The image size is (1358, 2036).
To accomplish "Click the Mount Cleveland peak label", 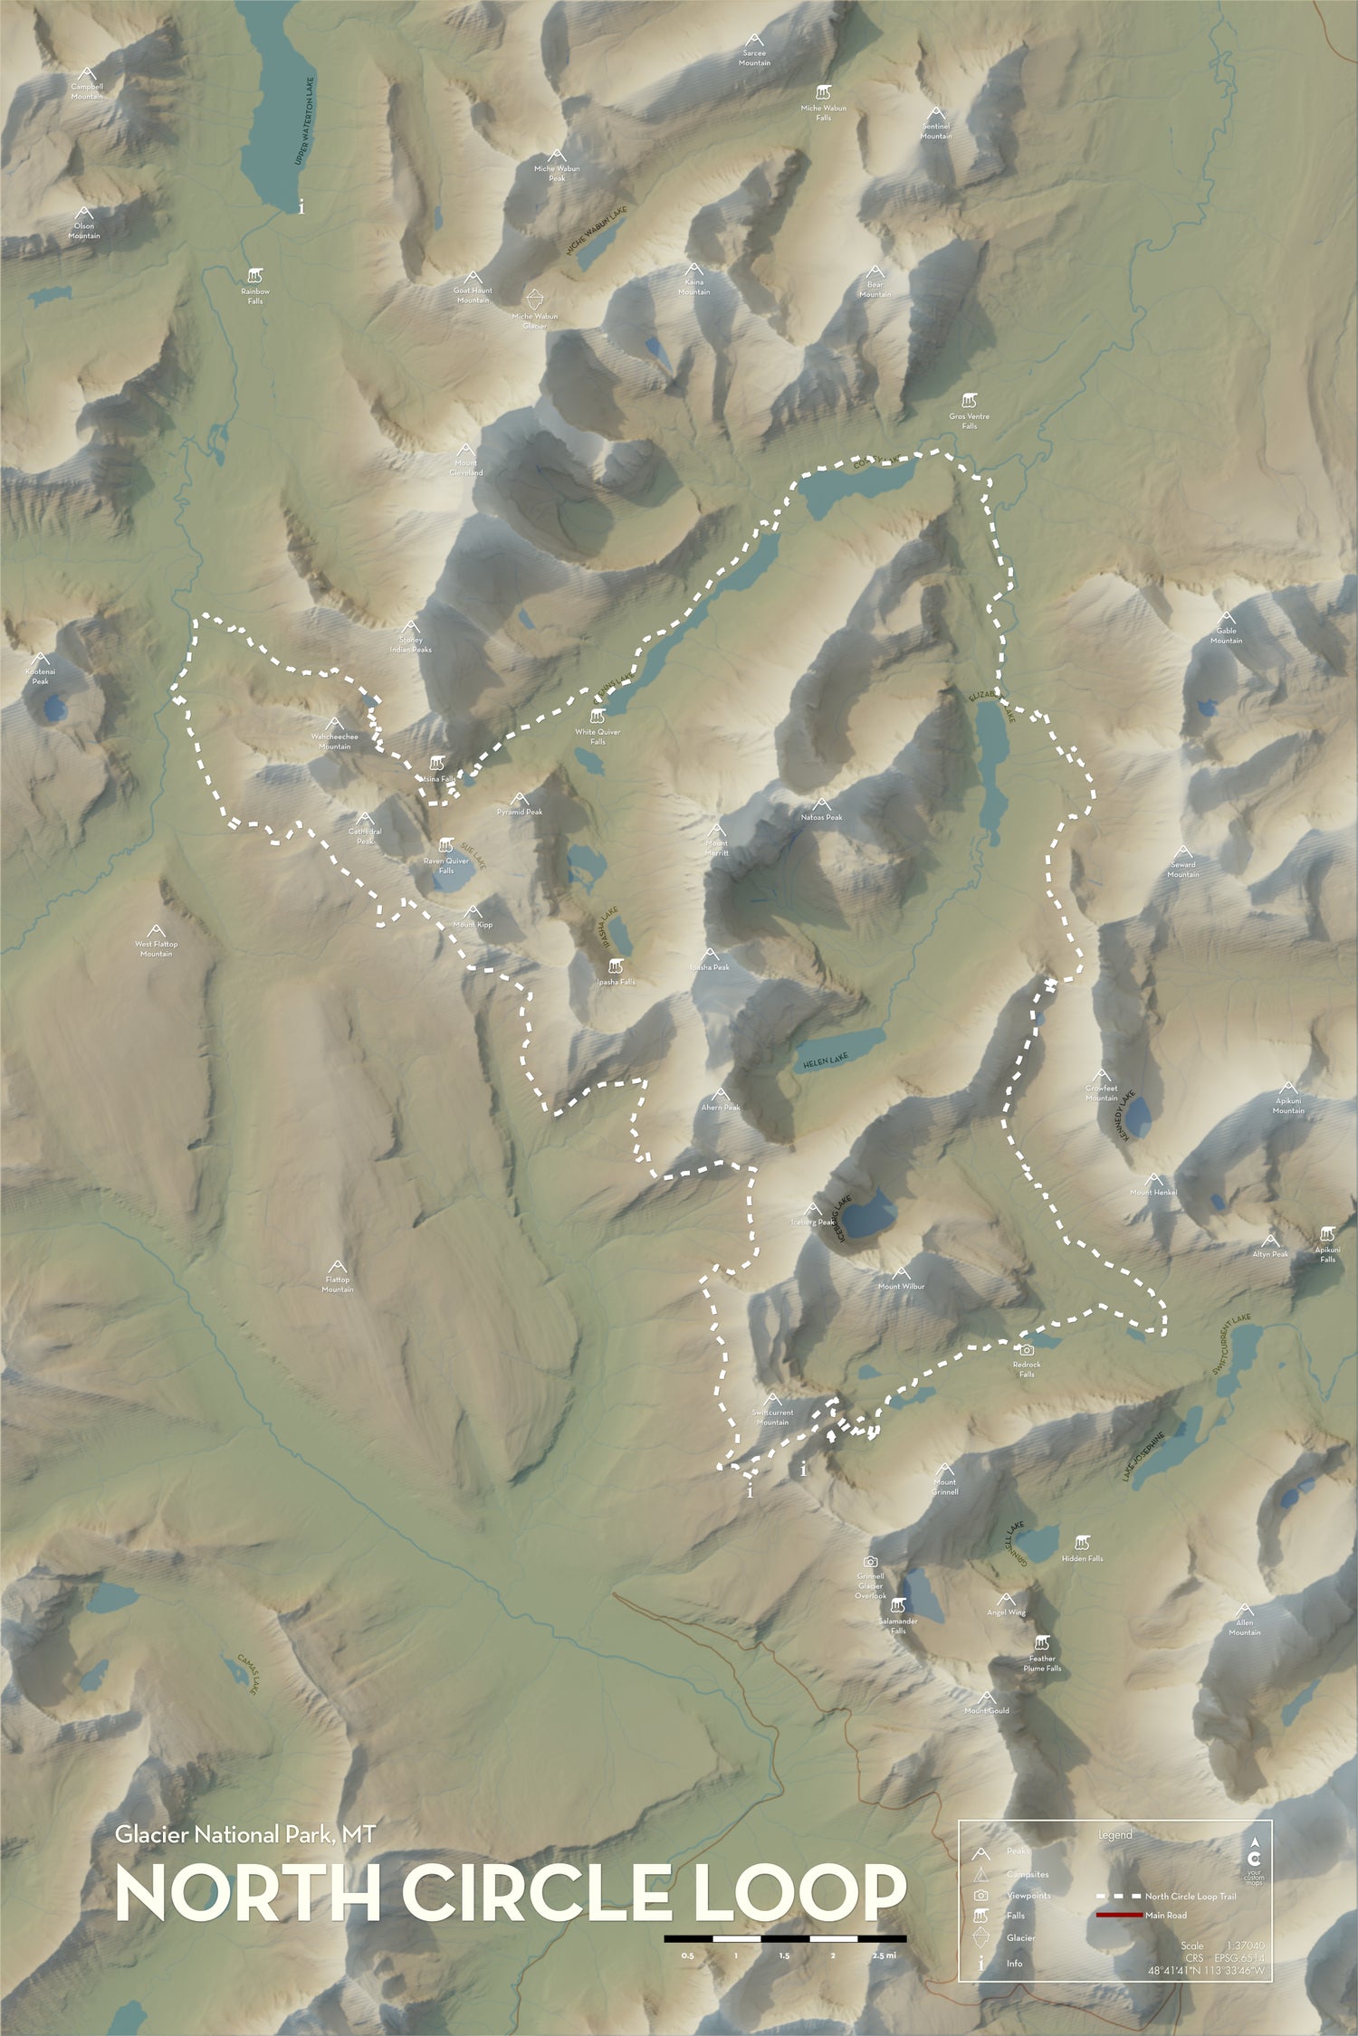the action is (x=466, y=468).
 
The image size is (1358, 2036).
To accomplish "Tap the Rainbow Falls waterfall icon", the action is (x=256, y=273).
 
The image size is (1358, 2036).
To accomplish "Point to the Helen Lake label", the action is (x=823, y=1061).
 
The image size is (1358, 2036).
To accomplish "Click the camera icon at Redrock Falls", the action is (x=1027, y=1349).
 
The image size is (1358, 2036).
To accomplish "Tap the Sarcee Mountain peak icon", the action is (x=753, y=41).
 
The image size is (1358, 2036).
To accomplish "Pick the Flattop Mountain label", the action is (x=338, y=1284).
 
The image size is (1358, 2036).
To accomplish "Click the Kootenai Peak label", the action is (x=40, y=675).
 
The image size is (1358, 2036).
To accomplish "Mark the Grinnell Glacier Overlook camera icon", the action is (x=870, y=1561).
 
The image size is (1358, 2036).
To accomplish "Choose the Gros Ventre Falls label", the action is (x=969, y=422).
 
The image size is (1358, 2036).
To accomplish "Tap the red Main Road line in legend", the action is (x=1118, y=1889).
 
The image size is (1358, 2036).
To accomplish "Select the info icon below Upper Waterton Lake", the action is (x=301, y=207).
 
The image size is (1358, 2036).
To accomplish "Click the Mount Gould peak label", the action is (x=986, y=1710).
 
